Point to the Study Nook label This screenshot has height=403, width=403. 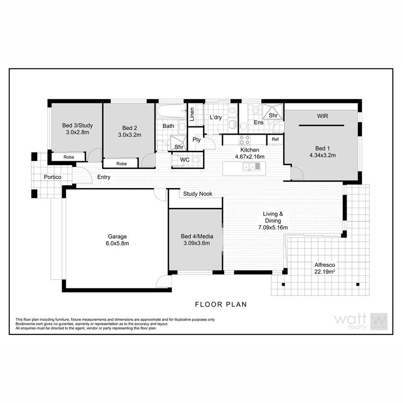197,194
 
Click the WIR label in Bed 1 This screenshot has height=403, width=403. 322,116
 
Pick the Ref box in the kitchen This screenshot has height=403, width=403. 275,140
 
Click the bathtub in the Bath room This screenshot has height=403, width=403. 171,109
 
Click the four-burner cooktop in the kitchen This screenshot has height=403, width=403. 244,140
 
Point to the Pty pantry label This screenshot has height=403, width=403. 196,140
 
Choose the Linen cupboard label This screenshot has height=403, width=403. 192,115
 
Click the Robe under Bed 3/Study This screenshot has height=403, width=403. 69,157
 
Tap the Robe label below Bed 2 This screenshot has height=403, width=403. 121,164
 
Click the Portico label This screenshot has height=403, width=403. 52,177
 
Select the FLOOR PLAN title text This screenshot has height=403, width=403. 221,304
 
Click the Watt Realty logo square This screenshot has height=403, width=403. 379,321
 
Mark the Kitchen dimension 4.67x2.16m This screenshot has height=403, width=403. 249,157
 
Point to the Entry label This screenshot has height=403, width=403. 104,177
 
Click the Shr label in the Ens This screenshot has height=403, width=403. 272,115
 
